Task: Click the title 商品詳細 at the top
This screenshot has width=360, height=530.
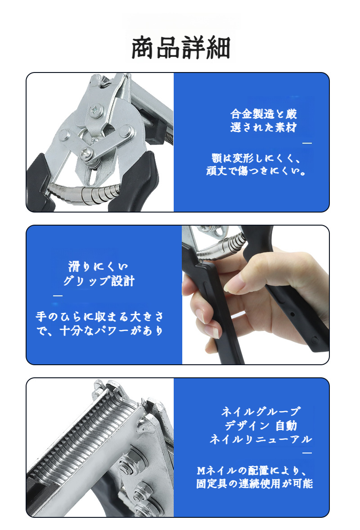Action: pyautogui.click(x=181, y=48)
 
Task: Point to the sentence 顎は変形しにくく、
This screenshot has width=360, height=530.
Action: pyautogui.click(x=256, y=159)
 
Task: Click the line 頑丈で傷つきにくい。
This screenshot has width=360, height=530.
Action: pyautogui.click(x=256, y=172)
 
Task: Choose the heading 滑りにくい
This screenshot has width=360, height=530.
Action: pyautogui.click(x=98, y=266)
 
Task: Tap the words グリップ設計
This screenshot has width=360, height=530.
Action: pyautogui.click(x=99, y=281)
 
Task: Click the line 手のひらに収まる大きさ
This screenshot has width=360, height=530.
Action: pyautogui.click(x=99, y=316)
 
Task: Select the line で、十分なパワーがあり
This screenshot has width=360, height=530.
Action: pyautogui.click(x=99, y=331)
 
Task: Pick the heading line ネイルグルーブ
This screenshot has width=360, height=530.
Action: pyautogui.click(x=261, y=411)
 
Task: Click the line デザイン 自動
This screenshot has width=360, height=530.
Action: pyautogui.click(x=261, y=425)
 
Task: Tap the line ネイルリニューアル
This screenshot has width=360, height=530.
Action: pyautogui.click(x=261, y=439)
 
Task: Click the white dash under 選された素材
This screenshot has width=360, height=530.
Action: pyautogui.click(x=307, y=143)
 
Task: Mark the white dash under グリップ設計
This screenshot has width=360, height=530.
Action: pyautogui.click(x=58, y=296)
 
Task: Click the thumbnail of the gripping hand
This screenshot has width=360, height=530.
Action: pyautogui.click(x=255, y=295)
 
